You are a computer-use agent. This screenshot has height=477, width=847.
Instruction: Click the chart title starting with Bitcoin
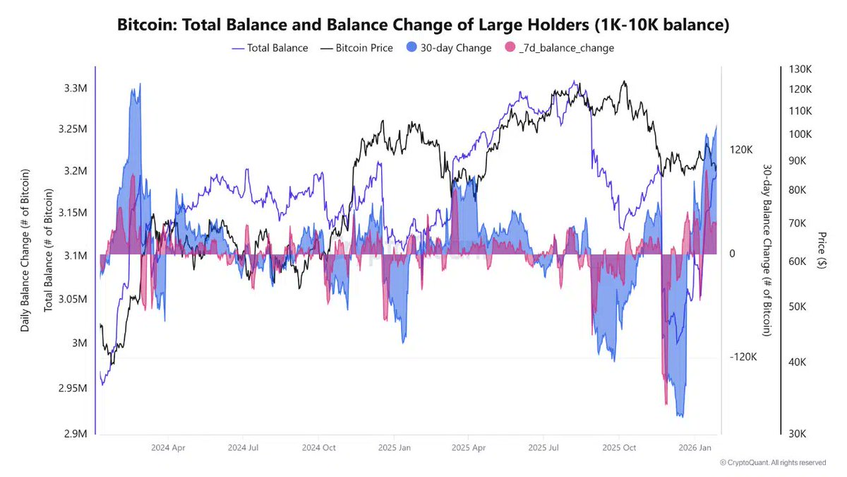point(423,25)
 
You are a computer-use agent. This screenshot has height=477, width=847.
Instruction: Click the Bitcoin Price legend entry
point(356,48)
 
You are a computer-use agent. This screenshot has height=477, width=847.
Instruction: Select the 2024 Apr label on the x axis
point(169,447)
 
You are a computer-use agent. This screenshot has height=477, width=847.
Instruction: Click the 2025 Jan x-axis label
point(395,447)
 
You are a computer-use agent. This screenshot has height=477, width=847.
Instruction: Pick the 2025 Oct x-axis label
point(619,447)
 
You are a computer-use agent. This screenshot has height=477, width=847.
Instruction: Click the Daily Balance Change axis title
point(25,251)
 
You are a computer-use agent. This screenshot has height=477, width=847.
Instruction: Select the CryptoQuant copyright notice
point(772,462)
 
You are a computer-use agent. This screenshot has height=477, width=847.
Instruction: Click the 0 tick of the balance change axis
point(733,254)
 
